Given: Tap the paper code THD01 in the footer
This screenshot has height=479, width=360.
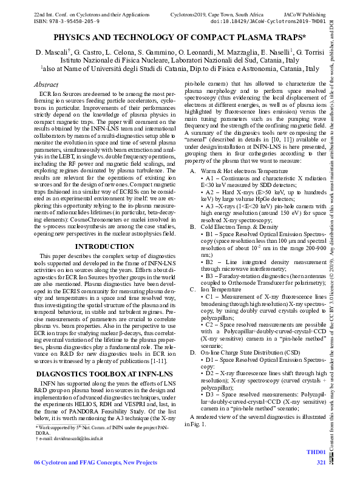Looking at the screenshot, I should [x=316, y=452].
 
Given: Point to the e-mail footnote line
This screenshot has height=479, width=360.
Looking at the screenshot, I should [x=69, y=438].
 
